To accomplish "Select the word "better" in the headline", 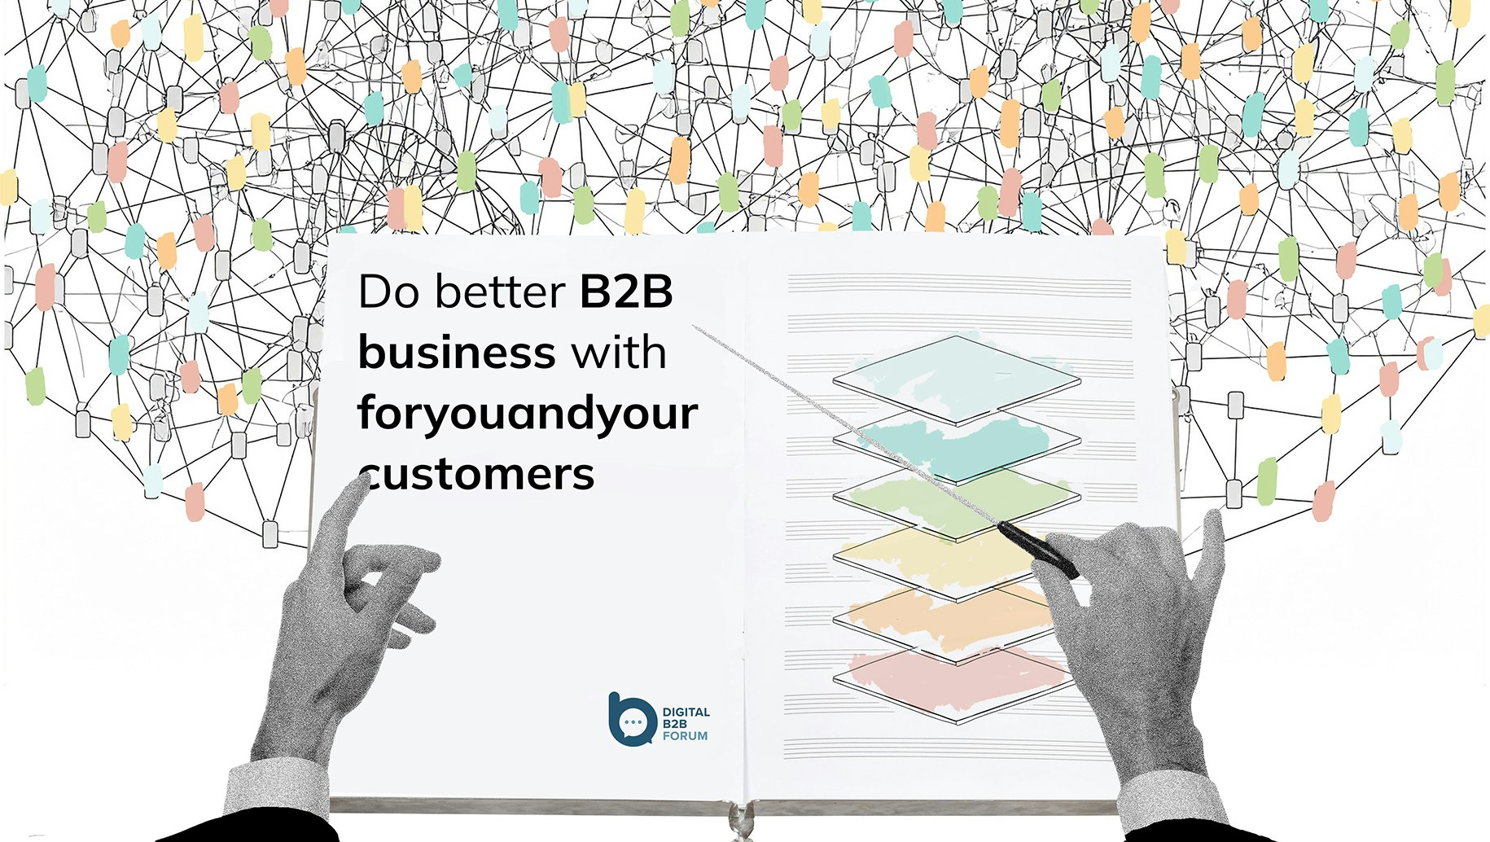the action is coord(500,292).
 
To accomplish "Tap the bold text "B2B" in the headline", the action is coord(626,292).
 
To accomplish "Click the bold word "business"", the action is coord(457,352).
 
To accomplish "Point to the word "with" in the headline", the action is coord(618,352).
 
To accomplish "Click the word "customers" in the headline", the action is coord(479,474).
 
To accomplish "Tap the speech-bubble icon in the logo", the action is coord(631,720).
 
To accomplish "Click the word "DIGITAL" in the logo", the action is coord(686,713).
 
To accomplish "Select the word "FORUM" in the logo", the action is coord(685,736).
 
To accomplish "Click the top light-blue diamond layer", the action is coord(956,379).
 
